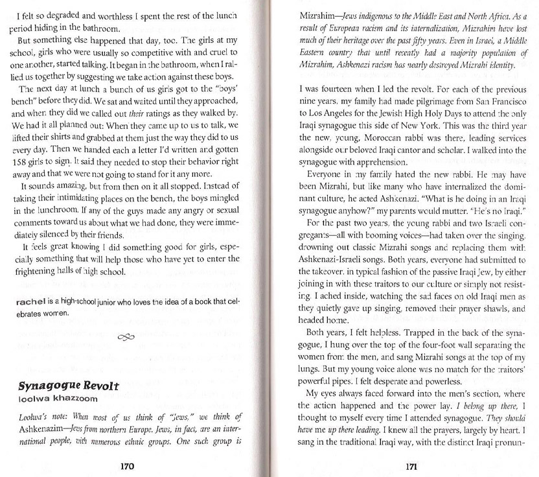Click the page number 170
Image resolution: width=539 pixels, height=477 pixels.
pyautogui.click(x=127, y=464)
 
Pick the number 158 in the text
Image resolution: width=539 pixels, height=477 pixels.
pyautogui.click(x=23, y=160)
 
